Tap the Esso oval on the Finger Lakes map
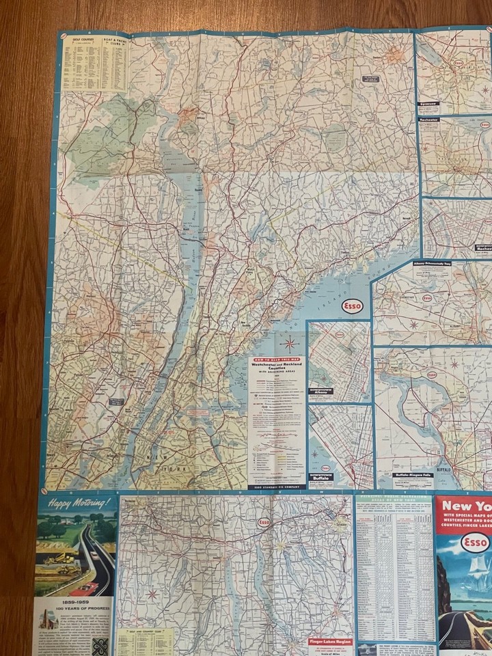pyautogui.click(x=264, y=523)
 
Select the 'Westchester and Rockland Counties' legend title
pyautogui.click(x=276, y=366)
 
